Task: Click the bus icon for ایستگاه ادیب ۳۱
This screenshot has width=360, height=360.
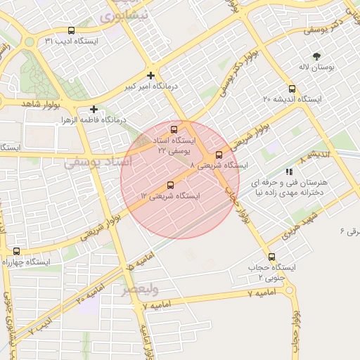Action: click(71, 30)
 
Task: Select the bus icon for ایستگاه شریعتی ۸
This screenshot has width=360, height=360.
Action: click(219, 155)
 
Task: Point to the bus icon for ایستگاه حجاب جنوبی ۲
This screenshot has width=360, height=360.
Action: click(272, 257)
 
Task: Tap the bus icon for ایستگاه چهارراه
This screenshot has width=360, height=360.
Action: click(16, 251)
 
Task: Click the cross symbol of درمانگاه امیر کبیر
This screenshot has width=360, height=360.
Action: click(150, 75)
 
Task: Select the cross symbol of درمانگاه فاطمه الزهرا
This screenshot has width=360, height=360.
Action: click(94, 109)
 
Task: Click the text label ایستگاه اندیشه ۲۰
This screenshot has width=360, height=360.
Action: click(292, 100)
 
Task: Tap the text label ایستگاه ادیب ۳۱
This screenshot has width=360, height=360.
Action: click(72, 41)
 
